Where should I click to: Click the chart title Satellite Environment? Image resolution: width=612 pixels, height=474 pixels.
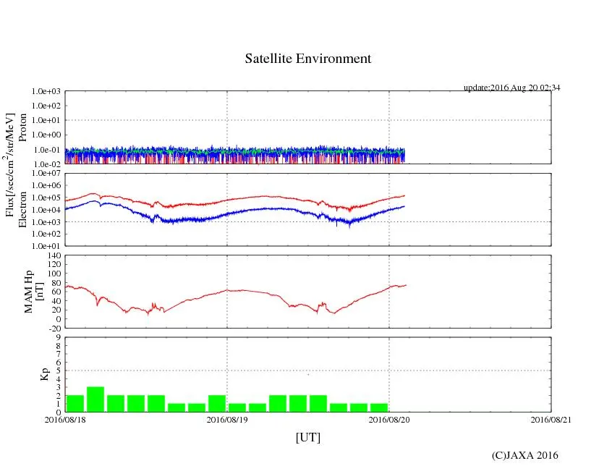(x=308, y=59)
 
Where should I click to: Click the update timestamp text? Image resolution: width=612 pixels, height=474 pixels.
(x=512, y=88)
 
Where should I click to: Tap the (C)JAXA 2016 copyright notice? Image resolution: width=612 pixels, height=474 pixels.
(x=525, y=455)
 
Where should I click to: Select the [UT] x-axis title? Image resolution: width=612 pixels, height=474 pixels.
(x=308, y=437)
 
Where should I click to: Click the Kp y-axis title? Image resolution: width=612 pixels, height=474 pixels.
(x=44, y=374)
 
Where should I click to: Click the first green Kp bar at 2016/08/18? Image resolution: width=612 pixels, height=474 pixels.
(x=75, y=403)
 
